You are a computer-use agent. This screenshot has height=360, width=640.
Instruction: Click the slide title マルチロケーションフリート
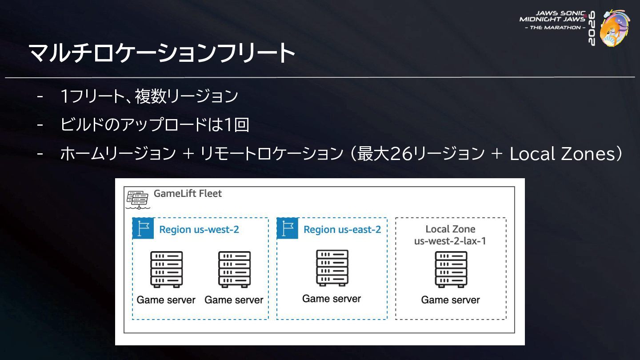[162, 52]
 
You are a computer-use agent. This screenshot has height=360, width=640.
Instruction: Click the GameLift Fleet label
[188, 193]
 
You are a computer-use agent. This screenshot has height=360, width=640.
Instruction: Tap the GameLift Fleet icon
[138, 200]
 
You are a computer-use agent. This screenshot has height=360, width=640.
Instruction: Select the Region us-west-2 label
[199, 229]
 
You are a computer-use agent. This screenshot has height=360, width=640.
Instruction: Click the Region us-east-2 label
[342, 229]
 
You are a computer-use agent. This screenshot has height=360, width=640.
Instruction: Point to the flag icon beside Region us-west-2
[143, 228]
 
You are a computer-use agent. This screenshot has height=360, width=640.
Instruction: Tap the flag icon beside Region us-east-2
[288, 228]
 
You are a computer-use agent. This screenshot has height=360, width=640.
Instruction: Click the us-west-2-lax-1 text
[450, 241]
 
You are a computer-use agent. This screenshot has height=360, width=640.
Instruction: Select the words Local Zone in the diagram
[450, 229]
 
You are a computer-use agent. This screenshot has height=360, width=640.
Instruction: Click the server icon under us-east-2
[332, 268]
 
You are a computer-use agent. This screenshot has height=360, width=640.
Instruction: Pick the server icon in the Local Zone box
[451, 269]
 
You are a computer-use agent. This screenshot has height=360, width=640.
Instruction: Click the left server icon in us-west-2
[167, 269]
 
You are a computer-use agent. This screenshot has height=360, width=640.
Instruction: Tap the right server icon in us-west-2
[235, 269]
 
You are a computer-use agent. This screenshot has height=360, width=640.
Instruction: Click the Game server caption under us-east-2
[332, 299]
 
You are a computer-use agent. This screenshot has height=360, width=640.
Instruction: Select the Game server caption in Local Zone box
[450, 300]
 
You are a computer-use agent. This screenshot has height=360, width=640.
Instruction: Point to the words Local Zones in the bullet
[561, 154]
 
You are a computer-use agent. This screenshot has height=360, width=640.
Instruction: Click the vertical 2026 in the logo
[592, 28]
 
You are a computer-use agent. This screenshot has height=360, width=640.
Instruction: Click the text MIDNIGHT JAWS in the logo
[552, 19]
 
